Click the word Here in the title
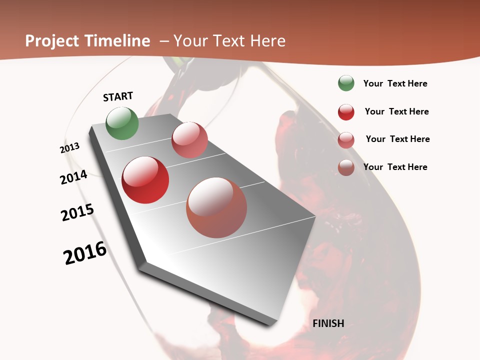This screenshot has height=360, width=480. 267,41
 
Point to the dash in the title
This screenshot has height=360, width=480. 164,41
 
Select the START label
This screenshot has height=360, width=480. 118,96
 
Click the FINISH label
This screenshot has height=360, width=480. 328,323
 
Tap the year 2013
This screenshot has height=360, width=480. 70,148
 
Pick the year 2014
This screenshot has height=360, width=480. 74,177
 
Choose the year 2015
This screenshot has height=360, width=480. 77,212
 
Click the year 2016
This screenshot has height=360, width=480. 85,253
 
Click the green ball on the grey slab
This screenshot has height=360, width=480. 122,123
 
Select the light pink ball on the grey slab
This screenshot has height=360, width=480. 189,140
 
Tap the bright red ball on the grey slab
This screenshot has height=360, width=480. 145,180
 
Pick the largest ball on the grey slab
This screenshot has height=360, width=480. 216,207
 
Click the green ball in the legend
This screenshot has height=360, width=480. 346,83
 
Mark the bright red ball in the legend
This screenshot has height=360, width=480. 346,112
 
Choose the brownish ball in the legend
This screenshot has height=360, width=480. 346,167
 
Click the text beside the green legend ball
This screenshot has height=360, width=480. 395,84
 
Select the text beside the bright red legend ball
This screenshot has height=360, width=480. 397,111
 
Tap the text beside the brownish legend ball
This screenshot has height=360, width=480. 395,167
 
